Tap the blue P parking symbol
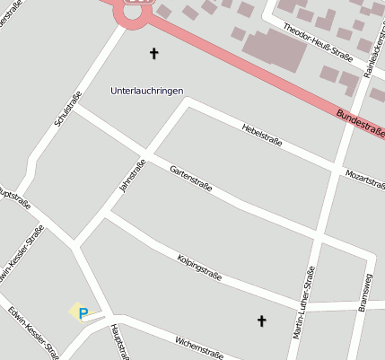83,313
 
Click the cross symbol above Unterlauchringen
153,54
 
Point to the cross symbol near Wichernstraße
262,320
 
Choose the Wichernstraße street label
199,347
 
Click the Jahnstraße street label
132,176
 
